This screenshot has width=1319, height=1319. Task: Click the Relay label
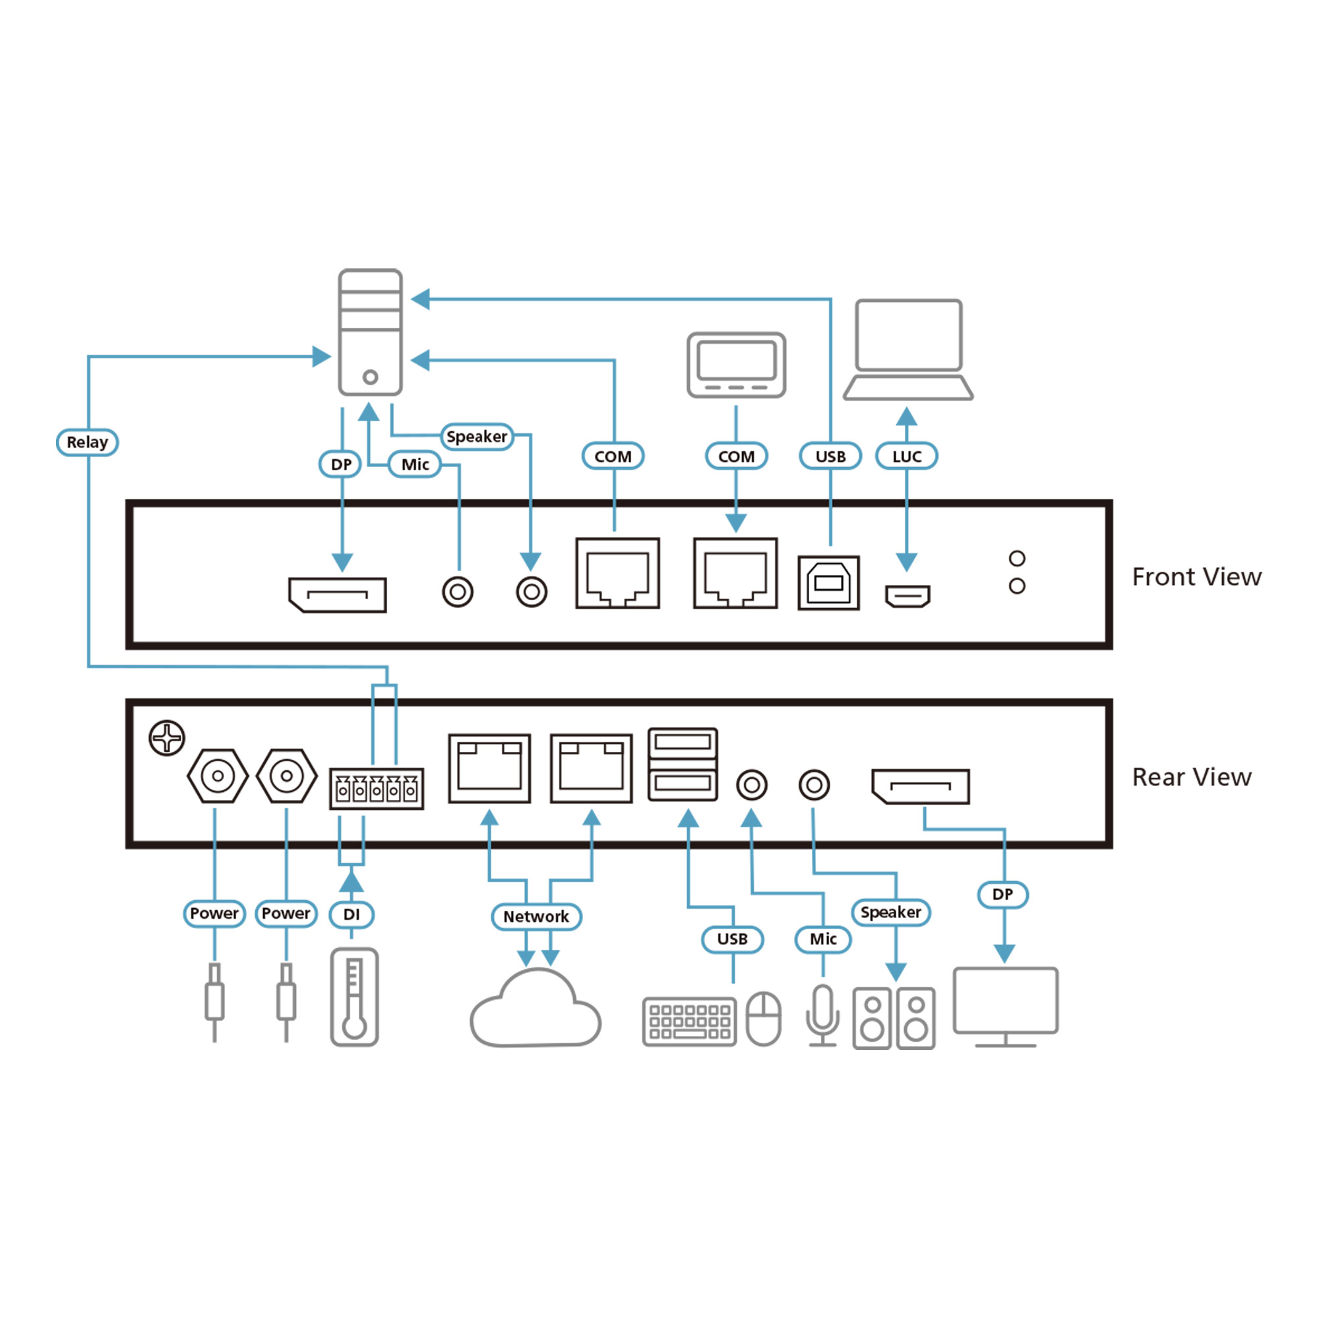[x=88, y=443]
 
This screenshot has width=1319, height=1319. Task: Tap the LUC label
[x=907, y=456]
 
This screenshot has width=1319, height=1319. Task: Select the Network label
[x=536, y=917]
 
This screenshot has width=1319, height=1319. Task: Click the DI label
[x=352, y=915]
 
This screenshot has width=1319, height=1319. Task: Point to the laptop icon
[x=908, y=350]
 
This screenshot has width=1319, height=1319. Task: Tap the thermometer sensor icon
[x=354, y=997]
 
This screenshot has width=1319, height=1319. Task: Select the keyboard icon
[x=690, y=1022]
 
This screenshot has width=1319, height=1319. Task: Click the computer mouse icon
[x=763, y=1019]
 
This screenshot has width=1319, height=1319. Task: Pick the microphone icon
[x=823, y=1014]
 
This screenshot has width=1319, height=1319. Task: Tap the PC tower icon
[x=370, y=332]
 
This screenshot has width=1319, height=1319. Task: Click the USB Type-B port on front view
[x=829, y=583]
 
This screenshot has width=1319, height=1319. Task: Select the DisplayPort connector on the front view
[x=338, y=595]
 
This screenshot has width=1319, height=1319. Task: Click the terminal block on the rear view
[x=377, y=789]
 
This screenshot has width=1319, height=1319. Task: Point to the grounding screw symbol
[x=167, y=738]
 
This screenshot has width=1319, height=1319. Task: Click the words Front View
[x=1197, y=577]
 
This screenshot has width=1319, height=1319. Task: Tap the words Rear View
[x=1192, y=777]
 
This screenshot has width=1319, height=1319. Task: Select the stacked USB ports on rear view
[x=683, y=764]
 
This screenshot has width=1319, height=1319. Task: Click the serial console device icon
[x=737, y=365]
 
